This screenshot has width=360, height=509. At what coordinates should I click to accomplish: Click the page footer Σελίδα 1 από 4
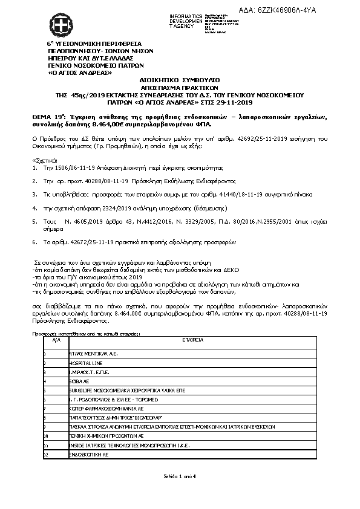(180, 477)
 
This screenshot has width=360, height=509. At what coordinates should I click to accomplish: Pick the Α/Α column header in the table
(57, 340)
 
